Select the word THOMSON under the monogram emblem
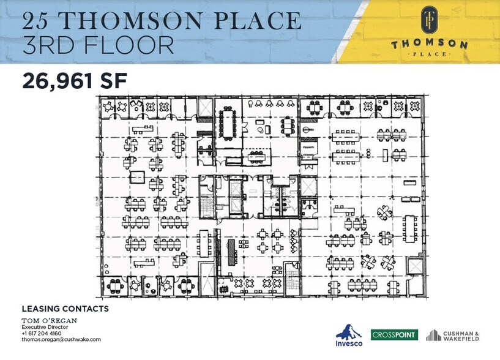tap(429, 45)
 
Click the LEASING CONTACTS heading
tap(65, 309)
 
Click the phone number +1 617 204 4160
tap(46, 333)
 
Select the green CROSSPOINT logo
tap(394, 335)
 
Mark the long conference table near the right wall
tap(409, 228)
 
